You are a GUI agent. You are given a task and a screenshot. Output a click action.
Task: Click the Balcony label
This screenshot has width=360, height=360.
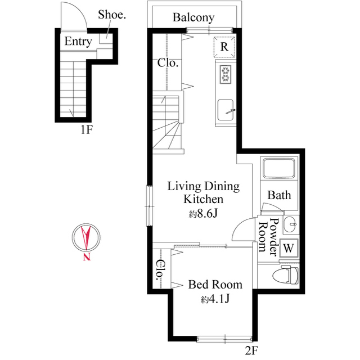[193, 17]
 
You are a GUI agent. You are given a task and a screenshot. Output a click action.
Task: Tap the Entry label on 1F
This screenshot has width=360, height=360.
[78, 41]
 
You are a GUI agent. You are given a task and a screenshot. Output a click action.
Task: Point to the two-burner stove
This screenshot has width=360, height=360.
[224, 75]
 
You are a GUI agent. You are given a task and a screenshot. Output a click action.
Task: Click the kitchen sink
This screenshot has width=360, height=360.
[226, 109]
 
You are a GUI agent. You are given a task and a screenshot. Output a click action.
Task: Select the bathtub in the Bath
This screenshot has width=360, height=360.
[279, 169]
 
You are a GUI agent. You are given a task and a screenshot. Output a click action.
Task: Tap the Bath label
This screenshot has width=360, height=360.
[279, 195]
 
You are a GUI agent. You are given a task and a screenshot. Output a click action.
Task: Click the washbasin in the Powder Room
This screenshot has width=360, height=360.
[290, 224]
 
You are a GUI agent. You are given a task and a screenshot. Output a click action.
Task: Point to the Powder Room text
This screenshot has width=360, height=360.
[269, 237]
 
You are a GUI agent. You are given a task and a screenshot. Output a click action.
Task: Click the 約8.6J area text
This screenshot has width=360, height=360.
[204, 214]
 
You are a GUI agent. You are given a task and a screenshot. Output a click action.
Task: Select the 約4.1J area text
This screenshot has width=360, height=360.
[215, 299]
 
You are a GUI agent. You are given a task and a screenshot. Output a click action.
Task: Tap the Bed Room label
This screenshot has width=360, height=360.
[215, 284]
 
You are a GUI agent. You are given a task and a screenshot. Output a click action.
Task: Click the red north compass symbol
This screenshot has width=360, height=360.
[87, 237]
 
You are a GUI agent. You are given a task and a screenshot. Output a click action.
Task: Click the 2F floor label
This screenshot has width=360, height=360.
[251, 351]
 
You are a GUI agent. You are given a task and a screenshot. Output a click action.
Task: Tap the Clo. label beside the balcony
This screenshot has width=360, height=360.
[168, 63]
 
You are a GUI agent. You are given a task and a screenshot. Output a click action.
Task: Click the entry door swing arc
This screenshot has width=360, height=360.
[74, 14]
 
